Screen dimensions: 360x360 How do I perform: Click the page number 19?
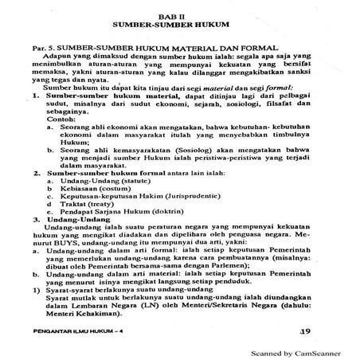point(300,328)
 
